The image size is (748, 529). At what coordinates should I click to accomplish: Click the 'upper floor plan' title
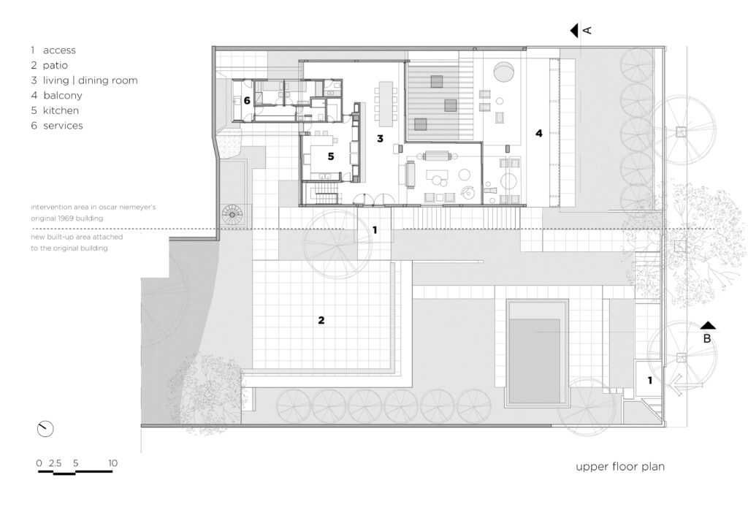(620, 466)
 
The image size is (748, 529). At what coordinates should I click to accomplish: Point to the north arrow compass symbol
(45, 429)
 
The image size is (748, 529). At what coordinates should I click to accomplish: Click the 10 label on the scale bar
(112, 463)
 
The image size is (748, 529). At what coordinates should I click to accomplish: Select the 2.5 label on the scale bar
(55, 463)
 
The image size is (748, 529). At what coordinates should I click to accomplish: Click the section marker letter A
(588, 30)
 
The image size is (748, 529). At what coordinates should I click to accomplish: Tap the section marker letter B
(707, 339)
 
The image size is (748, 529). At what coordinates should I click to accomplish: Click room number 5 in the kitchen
(331, 156)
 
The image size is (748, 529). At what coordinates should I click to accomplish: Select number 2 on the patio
(321, 320)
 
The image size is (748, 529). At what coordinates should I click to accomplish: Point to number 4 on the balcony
(538, 133)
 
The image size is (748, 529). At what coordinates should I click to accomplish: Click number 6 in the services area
(247, 101)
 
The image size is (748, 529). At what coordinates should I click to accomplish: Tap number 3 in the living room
(380, 139)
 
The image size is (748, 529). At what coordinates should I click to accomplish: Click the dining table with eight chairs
(386, 103)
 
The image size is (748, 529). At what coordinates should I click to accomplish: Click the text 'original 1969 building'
(66, 218)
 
